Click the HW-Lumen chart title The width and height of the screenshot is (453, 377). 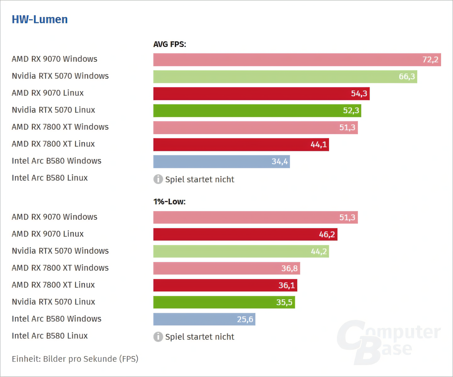(x=40, y=19)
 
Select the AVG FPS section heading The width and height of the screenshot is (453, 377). (x=170, y=44)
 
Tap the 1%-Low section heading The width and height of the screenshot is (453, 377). (x=169, y=202)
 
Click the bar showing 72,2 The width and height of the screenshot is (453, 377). (x=297, y=60)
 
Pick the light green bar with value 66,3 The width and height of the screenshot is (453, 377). (x=285, y=77)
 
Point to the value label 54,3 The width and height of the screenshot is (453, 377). (x=359, y=94)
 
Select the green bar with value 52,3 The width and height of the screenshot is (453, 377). (x=257, y=111)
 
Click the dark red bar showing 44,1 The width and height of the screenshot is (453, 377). (x=241, y=145)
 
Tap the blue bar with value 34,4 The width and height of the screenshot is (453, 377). (x=221, y=161)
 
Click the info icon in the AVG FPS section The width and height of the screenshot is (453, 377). (x=158, y=179)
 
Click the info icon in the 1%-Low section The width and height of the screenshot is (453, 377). (x=158, y=336)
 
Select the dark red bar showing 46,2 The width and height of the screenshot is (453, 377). (x=245, y=234)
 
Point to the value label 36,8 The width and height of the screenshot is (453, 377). (x=289, y=268)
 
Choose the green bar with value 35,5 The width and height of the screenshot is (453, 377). (x=224, y=302)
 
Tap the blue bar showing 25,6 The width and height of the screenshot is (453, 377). (x=204, y=319)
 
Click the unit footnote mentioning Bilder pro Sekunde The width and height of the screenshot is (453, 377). (x=75, y=359)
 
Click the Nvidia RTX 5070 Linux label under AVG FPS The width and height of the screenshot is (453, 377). (x=53, y=110)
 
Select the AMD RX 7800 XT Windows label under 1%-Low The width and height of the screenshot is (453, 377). (x=60, y=268)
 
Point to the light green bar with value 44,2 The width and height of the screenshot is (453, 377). (x=241, y=251)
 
